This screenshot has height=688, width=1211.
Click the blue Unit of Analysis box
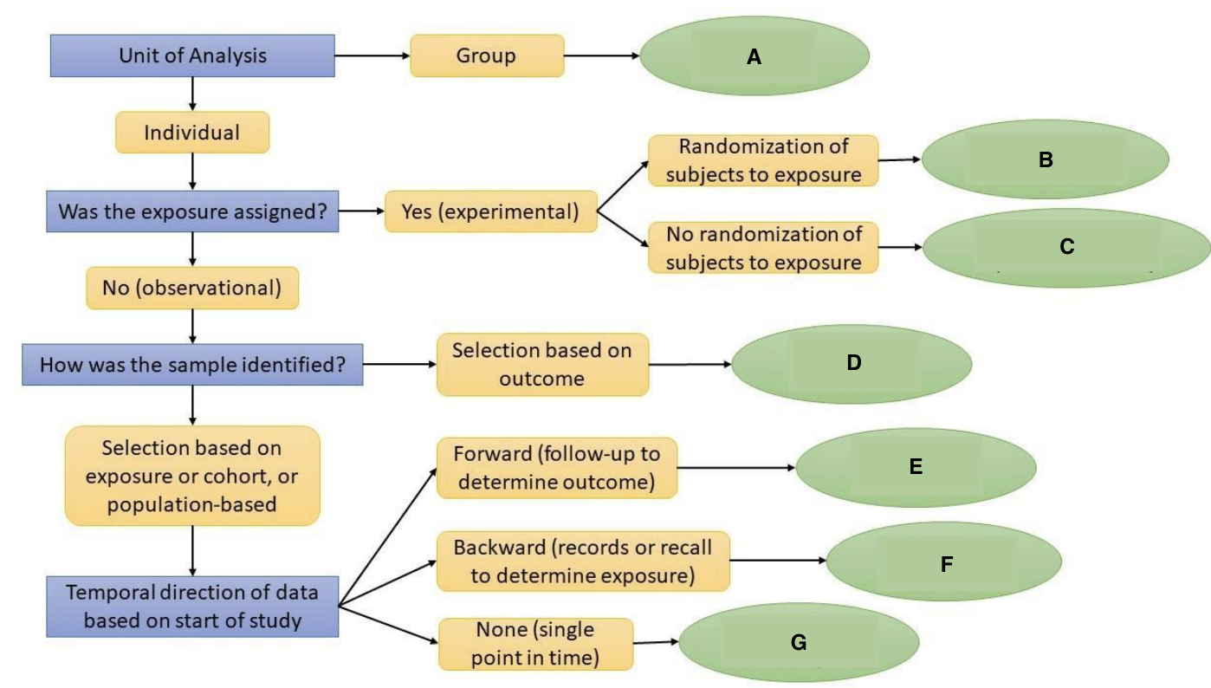(x=191, y=55)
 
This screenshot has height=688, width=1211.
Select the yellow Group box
(x=486, y=56)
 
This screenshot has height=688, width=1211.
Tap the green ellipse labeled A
(x=754, y=57)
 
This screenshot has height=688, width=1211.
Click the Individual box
(x=191, y=133)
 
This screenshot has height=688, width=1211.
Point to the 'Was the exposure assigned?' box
(x=191, y=211)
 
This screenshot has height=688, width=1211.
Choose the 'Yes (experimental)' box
(x=490, y=211)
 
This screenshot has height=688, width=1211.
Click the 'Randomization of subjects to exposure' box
(x=763, y=160)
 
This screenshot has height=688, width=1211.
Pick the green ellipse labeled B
(x=1045, y=160)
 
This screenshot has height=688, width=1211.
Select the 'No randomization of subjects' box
(x=763, y=248)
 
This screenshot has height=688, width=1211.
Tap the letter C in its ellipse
(x=1066, y=247)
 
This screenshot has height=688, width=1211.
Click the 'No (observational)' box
(x=191, y=288)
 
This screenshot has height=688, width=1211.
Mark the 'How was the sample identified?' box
(x=191, y=366)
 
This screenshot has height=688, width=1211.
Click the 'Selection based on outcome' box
(x=542, y=365)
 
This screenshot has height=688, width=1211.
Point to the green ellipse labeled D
(x=852, y=364)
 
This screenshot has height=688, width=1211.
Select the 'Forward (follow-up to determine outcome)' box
(x=555, y=469)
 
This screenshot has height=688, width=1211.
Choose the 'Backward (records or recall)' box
(x=583, y=561)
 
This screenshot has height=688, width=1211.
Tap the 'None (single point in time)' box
(x=536, y=644)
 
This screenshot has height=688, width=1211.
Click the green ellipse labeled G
(x=798, y=643)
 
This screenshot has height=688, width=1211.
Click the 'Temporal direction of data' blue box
(x=191, y=607)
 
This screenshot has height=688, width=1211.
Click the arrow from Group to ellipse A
(x=601, y=56)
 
